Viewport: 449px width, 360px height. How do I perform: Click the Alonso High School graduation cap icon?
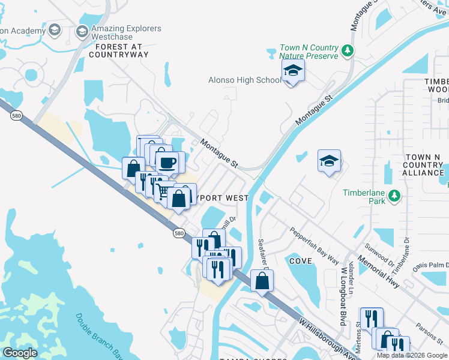point(292,73)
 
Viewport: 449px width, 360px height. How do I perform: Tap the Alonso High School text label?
point(244,80)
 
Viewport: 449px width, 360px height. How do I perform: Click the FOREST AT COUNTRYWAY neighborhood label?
point(118,50)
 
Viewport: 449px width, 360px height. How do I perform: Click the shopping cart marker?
point(162,191)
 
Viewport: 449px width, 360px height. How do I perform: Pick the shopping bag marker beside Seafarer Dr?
point(262,280)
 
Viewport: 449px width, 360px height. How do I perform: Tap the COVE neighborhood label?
point(301,261)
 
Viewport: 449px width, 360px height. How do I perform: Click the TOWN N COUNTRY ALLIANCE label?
point(423,164)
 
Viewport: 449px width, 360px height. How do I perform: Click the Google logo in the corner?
point(20,353)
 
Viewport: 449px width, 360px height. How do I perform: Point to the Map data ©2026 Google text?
point(412,355)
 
